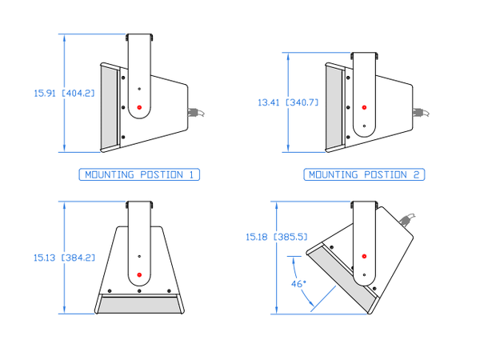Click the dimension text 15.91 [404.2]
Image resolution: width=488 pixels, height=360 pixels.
click(x=64, y=93)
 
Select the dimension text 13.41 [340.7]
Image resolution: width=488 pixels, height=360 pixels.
click(x=288, y=102)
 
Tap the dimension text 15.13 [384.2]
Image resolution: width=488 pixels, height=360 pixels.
click(x=64, y=258)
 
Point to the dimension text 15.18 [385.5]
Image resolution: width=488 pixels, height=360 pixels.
click(x=277, y=237)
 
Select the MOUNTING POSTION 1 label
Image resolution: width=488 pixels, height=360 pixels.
click(x=140, y=174)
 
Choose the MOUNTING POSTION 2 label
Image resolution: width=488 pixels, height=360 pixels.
click(x=364, y=174)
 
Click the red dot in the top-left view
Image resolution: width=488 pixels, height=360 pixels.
click(x=139, y=107)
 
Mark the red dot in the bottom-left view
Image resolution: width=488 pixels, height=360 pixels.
click(x=139, y=276)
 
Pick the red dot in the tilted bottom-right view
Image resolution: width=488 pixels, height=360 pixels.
click(x=364, y=256)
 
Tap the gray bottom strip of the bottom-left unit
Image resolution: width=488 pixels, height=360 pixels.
click(x=139, y=304)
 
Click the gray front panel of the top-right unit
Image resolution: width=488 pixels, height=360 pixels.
click(x=334, y=107)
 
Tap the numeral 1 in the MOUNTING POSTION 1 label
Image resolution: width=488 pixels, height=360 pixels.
click(x=191, y=174)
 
